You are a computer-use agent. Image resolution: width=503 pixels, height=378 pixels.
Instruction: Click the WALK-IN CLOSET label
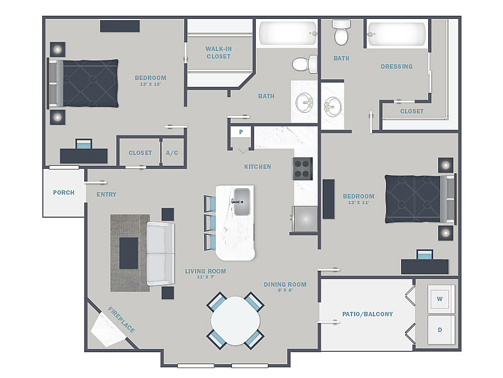pyautogui.click(x=218, y=53)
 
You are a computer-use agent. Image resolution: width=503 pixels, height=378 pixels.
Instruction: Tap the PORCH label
pyautogui.click(x=64, y=193)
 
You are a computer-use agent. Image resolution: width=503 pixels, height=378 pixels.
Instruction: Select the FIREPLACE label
pyautogui.click(x=121, y=319)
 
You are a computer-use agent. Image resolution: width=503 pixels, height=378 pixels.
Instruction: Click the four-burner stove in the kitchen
pyautogui.click(x=302, y=168)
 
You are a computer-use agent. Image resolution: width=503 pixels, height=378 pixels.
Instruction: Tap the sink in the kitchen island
pyautogui.click(x=242, y=202)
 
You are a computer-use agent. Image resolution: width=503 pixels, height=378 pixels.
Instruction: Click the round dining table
pyautogui.click(x=235, y=321)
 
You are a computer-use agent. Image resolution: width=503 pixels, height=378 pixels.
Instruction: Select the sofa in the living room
pyautogui.click(x=160, y=254)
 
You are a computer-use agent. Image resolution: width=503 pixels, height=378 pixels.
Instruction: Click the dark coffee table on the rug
pyautogui.click(x=129, y=253)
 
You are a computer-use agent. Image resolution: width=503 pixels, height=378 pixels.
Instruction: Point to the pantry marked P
pyautogui.click(x=241, y=132)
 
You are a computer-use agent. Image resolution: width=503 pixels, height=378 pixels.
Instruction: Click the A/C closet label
pyautogui.click(x=172, y=153)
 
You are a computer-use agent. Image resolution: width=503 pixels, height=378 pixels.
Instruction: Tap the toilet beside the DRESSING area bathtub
pyautogui.click(x=341, y=33)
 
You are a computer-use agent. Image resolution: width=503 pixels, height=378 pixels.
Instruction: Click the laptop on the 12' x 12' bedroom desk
pyautogui.click(x=84, y=144)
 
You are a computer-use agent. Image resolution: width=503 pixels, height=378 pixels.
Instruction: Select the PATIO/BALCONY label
pyautogui.click(x=368, y=314)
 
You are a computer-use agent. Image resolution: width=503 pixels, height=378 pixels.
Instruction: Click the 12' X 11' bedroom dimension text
pyautogui.click(x=358, y=202)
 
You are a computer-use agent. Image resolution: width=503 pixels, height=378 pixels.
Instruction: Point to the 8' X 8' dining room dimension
pyautogui.click(x=285, y=290)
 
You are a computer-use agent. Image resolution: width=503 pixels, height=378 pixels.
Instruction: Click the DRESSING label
pyautogui.click(x=397, y=67)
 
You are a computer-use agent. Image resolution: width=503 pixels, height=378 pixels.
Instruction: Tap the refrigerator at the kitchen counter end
pyautogui.click(x=304, y=219)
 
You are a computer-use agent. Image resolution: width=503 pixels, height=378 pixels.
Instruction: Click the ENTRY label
pyautogui.click(x=106, y=195)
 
